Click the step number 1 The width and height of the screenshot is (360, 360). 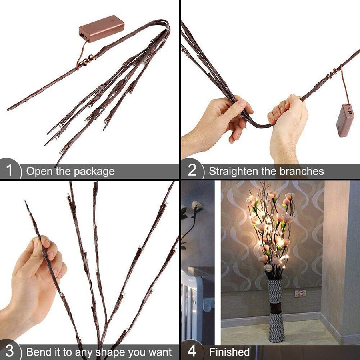tap(10, 171)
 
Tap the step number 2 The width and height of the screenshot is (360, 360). tap(192, 171)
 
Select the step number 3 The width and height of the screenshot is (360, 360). tap(10, 352)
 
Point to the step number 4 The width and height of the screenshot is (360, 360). tap(192, 352)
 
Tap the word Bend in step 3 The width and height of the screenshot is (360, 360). tap(37, 352)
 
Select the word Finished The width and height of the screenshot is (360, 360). tap(229, 352)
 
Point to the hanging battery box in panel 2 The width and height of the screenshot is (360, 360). tap(345, 120)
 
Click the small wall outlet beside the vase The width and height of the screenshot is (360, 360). tap(300, 293)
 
